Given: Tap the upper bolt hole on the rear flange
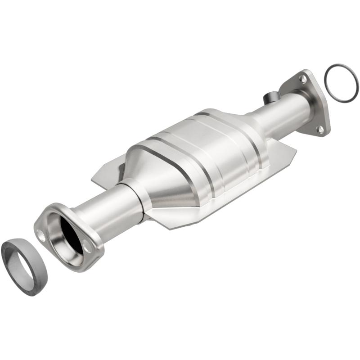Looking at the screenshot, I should (303, 79).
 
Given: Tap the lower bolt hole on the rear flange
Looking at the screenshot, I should (320, 130).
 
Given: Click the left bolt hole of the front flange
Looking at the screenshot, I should (41, 234).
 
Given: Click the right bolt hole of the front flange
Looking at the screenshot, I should (87, 246).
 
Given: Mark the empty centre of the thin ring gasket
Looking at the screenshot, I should (342, 82).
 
